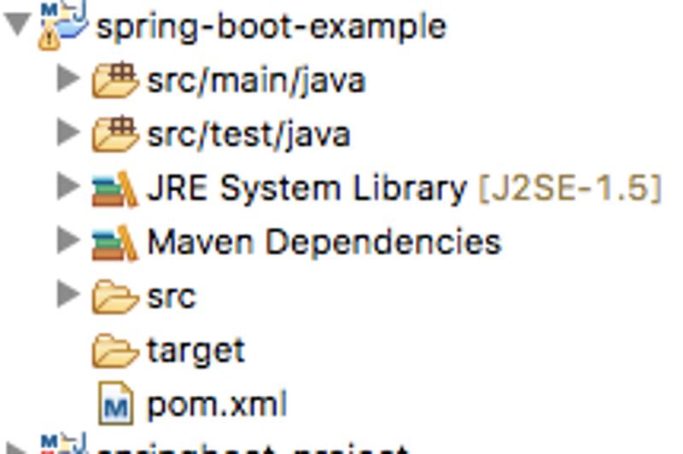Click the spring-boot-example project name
pos(271,26)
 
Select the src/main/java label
pos(256,80)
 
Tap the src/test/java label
pos(248,135)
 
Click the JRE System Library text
pos(306,189)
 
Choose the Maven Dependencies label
pos(324,242)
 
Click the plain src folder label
pos(172,296)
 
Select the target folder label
pos(196,351)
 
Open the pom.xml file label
pos(217,405)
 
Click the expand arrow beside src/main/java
pos(68,79)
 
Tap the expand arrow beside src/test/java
pos(68,134)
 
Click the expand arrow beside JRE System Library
pos(68,188)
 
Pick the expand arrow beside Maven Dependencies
pos(68,242)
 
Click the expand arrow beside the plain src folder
pos(68,295)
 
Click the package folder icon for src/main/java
pos(115,80)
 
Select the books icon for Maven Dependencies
pos(115,242)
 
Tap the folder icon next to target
pos(115,351)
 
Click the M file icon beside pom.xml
pos(116,405)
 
